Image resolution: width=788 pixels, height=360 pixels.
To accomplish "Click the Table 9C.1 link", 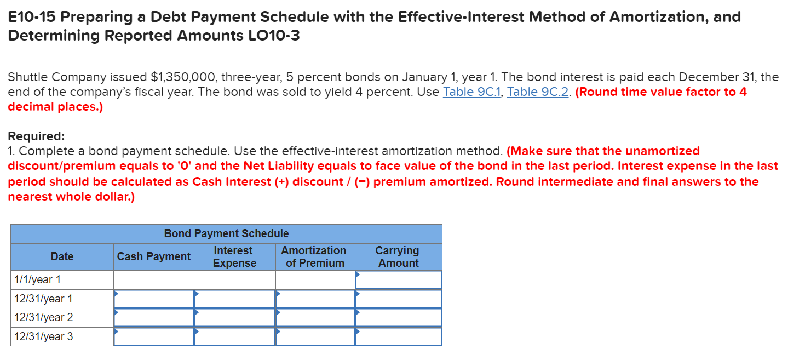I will pyautogui.click(x=472, y=92).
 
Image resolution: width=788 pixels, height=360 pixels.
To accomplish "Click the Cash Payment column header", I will pyautogui.click(x=154, y=256).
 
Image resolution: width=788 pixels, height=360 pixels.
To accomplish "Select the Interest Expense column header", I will pyautogui.click(x=234, y=256).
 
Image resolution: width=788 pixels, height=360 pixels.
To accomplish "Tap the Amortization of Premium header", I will pyautogui.click(x=314, y=256).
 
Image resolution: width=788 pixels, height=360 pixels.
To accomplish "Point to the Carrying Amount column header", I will pyautogui.click(x=398, y=256).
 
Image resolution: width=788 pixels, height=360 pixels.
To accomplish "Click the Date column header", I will pyautogui.click(x=62, y=256).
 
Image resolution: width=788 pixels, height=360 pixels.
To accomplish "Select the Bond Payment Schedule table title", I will pyautogui.click(x=226, y=233).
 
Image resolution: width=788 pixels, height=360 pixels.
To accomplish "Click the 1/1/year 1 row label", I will pyautogui.click(x=37, y=280).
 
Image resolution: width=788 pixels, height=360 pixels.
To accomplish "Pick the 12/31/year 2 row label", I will pyautogui.click(x=43, y=318).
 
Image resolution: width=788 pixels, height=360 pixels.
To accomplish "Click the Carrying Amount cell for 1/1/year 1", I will pyautogui.click(x=398, y=280).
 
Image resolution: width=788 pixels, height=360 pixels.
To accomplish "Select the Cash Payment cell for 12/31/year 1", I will pyautogui.click(x=154, y=299).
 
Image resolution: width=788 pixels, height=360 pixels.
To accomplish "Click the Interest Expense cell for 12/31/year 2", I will pyautogui.click(x=234, y=318).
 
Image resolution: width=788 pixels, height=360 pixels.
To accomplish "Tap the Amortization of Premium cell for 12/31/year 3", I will pyautogui.click(x=315, y=336).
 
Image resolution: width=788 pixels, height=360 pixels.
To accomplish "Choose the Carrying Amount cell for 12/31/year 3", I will pyautogui.click(x=398, y=336).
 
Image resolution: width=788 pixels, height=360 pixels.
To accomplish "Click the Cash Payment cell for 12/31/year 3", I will pyautogui.click(x=154, y=336).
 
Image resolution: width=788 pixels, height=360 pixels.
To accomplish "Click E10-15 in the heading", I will pyautogui.click(x=31, y=17).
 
